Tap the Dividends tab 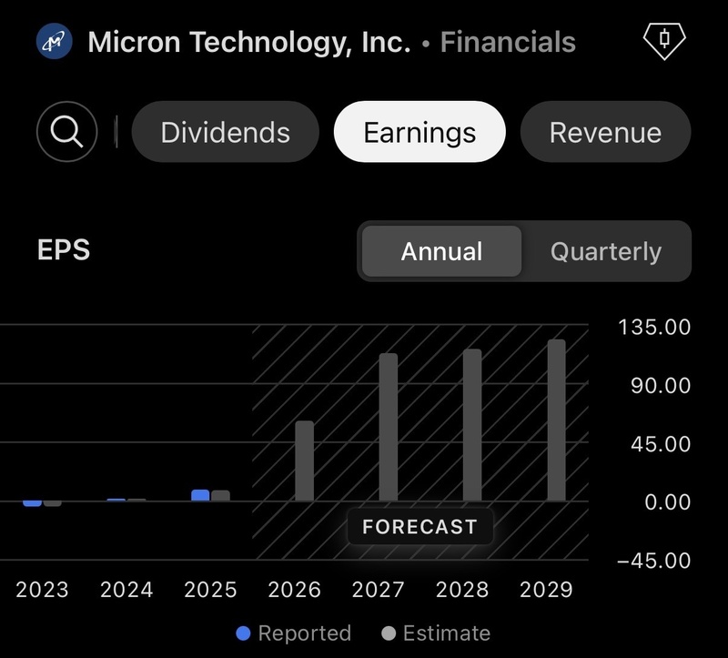point(225,132)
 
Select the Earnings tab point(420,132)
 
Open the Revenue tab point(605,132)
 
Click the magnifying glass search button point(66,131)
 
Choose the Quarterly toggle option point(606,251)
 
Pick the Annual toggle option point(441,251)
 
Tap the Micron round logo point(55,42)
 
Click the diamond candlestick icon point(664,41)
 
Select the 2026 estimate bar point(305,461)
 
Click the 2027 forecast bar point(389,427)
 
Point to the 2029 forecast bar point(556,420)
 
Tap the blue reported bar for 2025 point(200,495)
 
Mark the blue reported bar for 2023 point(33,503)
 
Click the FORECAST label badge point(420,527)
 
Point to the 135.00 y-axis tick point(654,327)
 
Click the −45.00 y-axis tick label point(653,561)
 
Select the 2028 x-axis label point(462,590)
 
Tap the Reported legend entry point(293,633)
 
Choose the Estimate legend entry point(436,633)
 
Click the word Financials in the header point(508,42)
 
